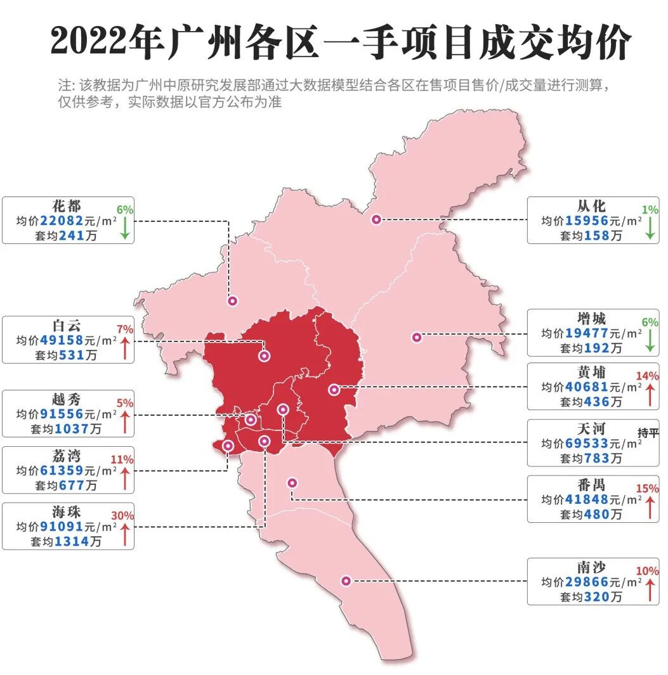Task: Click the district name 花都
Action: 67,207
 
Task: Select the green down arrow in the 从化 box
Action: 650,226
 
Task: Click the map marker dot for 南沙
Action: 346,580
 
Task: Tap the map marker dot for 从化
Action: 376,219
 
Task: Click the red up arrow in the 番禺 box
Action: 650,507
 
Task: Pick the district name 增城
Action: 592,319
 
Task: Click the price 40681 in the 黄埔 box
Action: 587,387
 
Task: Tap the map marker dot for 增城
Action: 417,337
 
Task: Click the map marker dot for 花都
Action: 233,302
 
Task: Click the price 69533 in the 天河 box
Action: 587,443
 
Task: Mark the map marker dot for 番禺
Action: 292,482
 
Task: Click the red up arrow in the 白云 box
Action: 125,348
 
